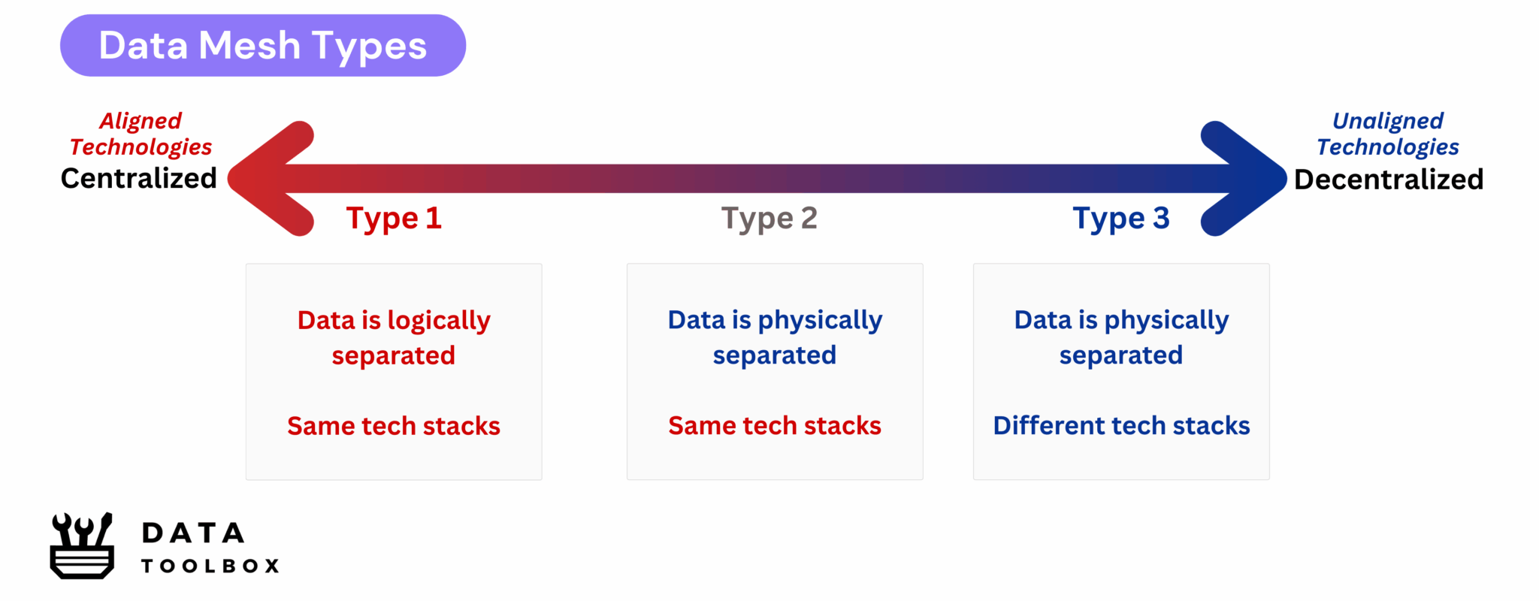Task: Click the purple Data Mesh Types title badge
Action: tap(262, 45)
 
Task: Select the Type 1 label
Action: tap(394, 219)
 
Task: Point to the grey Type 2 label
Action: tap(769, 219)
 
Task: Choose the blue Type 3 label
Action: tap(1120, 219)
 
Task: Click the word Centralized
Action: tap(139, 179)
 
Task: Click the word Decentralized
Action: tap(1388, 180)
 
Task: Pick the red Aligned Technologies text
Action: tap(141, 134)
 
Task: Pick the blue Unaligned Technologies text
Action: tap(1387, 134)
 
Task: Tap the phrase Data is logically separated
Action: tap(394, 337)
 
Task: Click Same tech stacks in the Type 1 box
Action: tap(394, 426)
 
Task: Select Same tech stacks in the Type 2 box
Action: tap(774, 426)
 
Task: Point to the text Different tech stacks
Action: tap(1121, 426)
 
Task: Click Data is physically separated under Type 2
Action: tap(774, 337)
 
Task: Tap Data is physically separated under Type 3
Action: tap(1121, 337)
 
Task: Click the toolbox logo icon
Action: tap(82, 546)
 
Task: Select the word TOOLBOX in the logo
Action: tap(210, 566)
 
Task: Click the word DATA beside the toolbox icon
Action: tap(193, 533)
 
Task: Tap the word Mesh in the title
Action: tap(249, 46)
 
